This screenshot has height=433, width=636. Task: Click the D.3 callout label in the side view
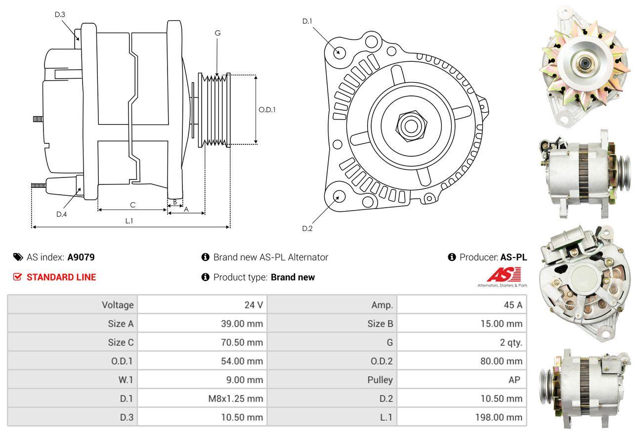[60, 14]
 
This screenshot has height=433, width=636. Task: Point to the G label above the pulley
[217, 33]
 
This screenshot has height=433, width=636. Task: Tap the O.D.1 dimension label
[267, 110]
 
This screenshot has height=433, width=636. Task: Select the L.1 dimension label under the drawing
[129, 221]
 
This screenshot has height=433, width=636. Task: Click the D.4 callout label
[61, 214]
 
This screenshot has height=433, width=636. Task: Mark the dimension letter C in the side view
[132, 205]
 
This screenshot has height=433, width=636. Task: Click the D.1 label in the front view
[307, 21]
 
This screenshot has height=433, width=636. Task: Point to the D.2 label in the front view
[307, 228]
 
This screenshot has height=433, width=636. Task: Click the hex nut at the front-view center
[409, 125]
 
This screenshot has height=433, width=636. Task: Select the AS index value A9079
[81, 257]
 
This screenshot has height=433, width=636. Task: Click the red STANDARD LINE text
[61, 277]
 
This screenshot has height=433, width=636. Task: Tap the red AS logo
[504, 275]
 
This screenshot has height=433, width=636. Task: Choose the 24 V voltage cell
[254, 304]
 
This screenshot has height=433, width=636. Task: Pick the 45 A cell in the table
[513, 304]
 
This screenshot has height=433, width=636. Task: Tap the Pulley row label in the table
[380, 380]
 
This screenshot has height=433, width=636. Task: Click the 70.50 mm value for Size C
[242, 342]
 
